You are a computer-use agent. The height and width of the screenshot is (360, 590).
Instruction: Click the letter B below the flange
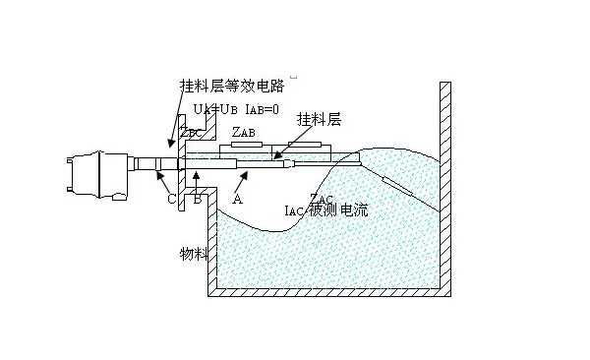coord(197,198)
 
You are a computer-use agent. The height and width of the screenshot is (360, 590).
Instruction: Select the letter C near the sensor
coord(171,199)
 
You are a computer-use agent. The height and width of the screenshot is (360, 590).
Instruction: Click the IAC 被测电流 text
coord(324,210)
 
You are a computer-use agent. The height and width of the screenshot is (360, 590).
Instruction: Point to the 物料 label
coord(193,254)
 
